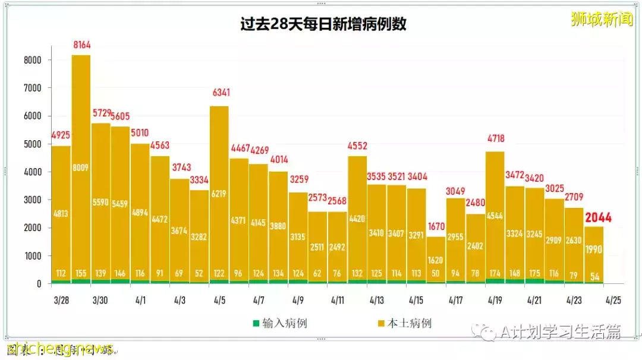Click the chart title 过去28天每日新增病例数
[323, 24]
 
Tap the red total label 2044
[598, 218]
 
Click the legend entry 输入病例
[279, 323]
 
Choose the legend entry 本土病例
[404, 323]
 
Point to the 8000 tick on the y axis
[32, 60]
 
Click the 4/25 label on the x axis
[613, 300]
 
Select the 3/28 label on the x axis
[62, 300]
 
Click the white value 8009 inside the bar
[81, 168]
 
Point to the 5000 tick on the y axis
[32, 144]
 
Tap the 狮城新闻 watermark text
[601, 20]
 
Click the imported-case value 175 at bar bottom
[534, 273]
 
